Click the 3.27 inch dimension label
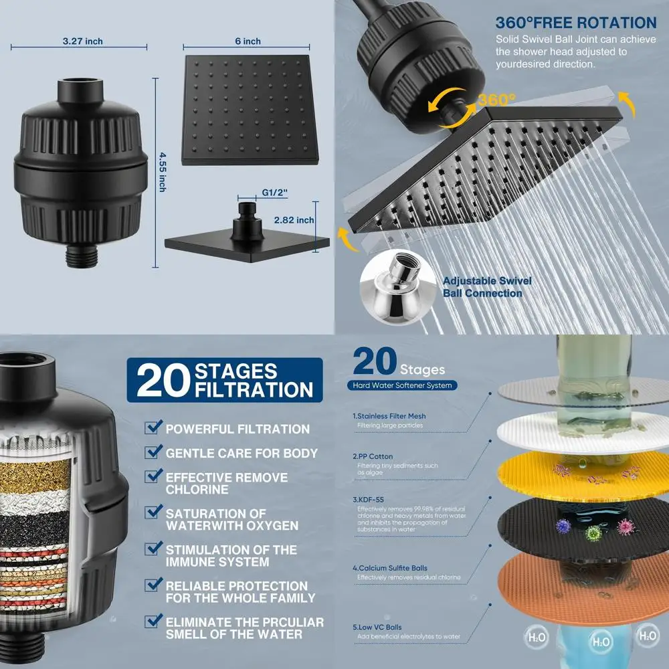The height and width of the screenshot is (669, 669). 82,41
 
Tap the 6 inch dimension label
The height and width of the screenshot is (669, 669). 248,41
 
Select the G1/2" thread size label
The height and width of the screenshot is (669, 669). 276,193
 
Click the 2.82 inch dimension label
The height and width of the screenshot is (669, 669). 295,220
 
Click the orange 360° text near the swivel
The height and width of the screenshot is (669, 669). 496,100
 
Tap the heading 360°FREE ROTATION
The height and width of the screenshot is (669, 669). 576,24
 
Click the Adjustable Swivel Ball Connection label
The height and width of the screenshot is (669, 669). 482,288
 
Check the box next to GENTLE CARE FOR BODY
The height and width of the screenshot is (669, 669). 153,452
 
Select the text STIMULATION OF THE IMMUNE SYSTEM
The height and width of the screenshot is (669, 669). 231,556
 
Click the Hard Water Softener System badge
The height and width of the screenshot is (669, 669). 403,385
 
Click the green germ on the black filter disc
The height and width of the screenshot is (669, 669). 593,533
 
